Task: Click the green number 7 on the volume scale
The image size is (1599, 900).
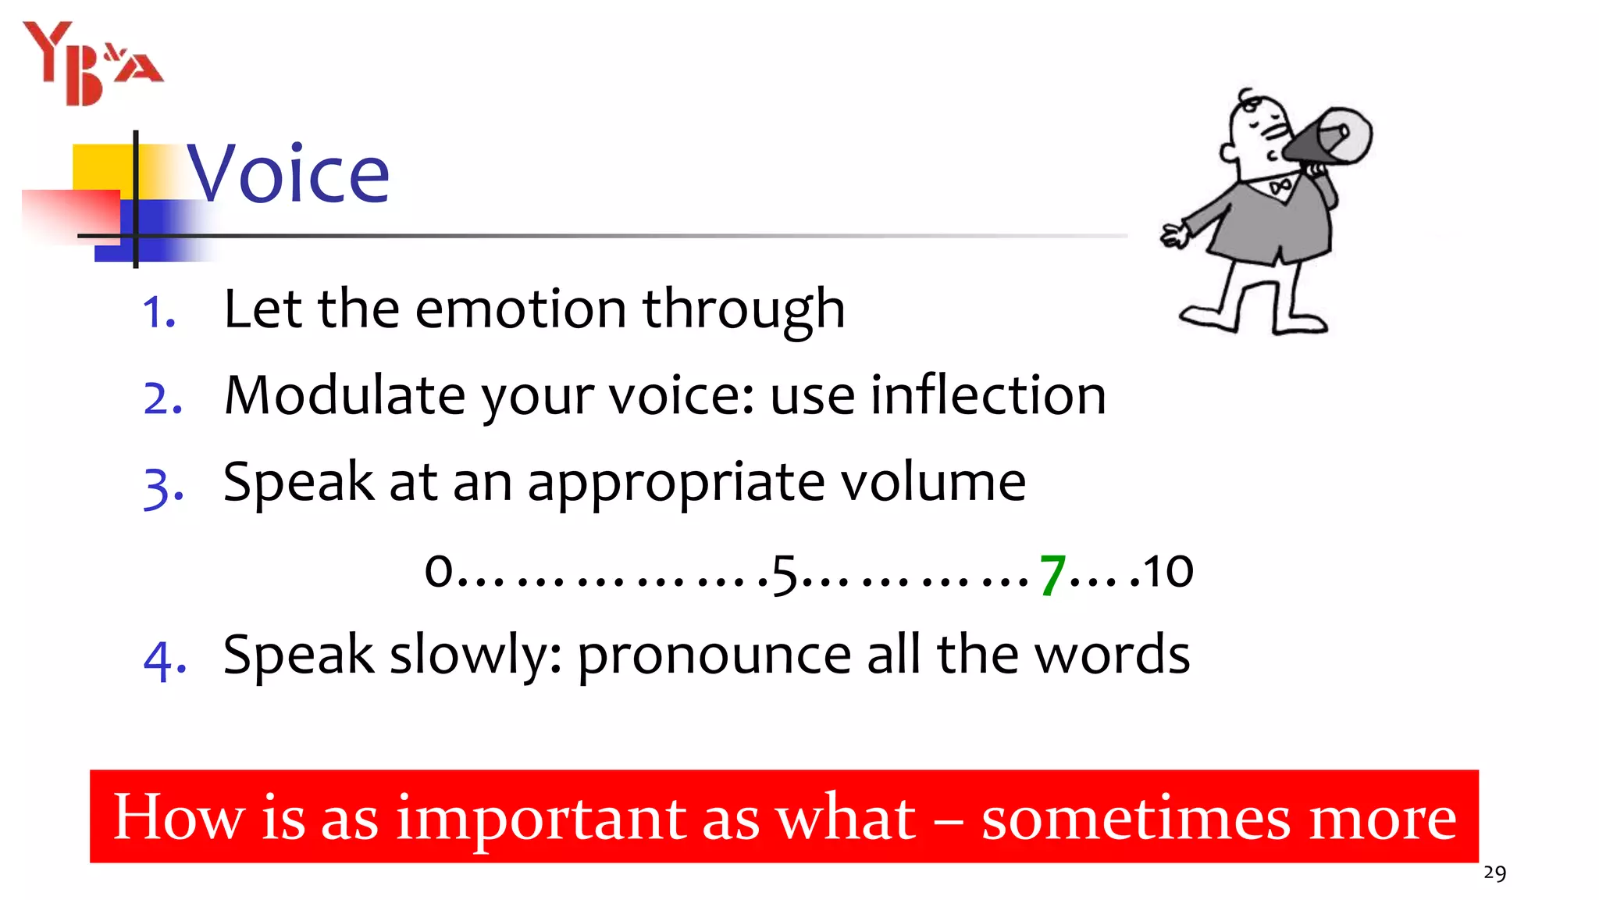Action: pyautogui.click(x=1052, y=573)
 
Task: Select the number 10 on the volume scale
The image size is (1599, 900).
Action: pyautogui.click(x=1168, y=571)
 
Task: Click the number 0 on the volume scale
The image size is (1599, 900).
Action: pyautogui.click(x=439, y=570)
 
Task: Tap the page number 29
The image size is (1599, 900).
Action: pyautogui.click(x=1494, y=873)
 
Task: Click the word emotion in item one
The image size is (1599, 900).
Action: pyautogui.click(x=521, y=309)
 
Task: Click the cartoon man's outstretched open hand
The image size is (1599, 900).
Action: pyautogui.click(x=1173, y=234)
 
